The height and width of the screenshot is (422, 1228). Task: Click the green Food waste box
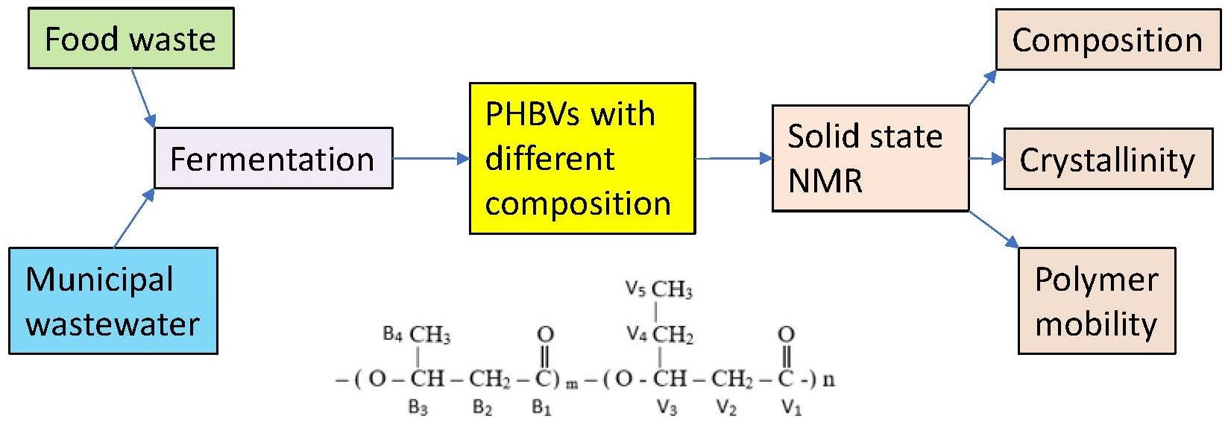click(x=130, y=39)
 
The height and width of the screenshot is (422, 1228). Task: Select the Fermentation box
click(x=273, y=158)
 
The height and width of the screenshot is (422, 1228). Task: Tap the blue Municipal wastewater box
click(x=113, y=300)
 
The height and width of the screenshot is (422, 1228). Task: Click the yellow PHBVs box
click(x=582, y=158)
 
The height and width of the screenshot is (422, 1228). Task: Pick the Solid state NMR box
click(x=869, y=158)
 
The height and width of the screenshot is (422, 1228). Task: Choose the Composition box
click(x=1107, y=40)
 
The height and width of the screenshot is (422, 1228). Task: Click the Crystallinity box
click(x=1107, y=159)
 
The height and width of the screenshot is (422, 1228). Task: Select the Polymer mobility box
click(x=1096, y=300)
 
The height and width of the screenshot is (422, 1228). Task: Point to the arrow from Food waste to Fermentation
click(x=143, y=98)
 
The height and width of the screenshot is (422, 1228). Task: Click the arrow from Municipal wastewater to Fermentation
click(x=135, y=217)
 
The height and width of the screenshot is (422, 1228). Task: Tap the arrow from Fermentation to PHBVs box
click(x=430, y=158)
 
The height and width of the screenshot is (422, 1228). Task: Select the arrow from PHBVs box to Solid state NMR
click(x=733, y=158)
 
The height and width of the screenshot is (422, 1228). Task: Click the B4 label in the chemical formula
click(x=392, y=334)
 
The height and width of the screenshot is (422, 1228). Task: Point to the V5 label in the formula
click(x=635, y=289)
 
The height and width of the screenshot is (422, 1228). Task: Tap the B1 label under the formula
click(x=541, y=408)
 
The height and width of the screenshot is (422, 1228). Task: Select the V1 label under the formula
click(x=791, y=408)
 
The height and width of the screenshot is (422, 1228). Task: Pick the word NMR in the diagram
click(x=825, y=181)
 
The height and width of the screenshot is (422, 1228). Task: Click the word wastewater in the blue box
click(x=113, y=324)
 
